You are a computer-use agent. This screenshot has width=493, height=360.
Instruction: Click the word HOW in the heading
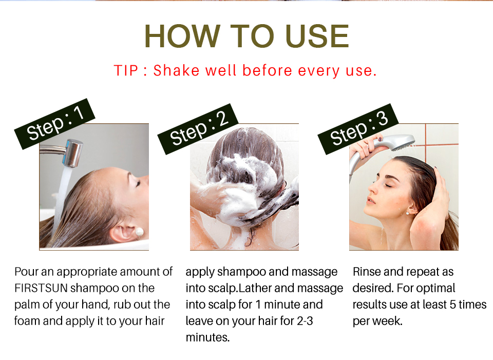[183, 36]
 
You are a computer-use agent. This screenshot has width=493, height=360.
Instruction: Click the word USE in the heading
[317, 36]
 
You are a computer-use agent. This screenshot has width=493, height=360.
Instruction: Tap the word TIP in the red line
[126, 70]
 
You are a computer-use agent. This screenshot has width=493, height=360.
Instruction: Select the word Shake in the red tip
[176, 70]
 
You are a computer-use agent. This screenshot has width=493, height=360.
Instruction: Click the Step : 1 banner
[55, 124]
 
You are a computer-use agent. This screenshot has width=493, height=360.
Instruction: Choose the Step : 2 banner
[198, 129]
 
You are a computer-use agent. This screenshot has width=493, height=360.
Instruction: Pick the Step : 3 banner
[358, 129]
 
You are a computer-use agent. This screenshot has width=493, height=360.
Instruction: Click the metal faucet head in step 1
[73, 153]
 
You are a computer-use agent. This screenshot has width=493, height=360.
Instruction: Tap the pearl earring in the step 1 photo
[139, 232]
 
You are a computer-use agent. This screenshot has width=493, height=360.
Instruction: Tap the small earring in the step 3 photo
[408, 214]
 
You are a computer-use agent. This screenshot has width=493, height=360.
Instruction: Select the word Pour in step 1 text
[26, 272]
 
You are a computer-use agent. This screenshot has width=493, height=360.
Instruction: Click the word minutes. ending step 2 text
[207, 337]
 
